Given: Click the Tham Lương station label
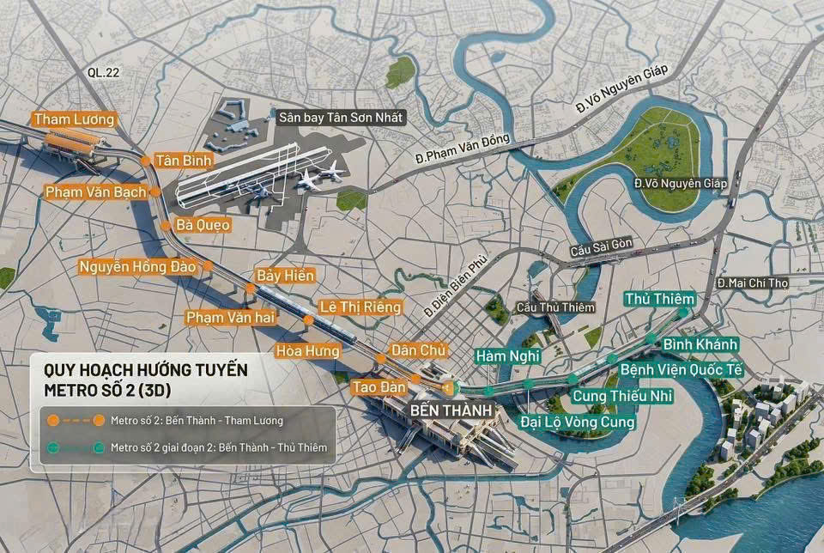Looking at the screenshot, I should point(73,119).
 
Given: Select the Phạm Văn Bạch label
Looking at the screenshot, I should point(95,191).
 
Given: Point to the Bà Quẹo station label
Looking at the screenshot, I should point(203,224).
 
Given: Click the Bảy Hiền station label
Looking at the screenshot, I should point(286,276).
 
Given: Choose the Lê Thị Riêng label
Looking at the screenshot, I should point(360,307).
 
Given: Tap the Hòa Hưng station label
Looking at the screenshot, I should point(307,350).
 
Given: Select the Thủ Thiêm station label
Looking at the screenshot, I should point(658,298).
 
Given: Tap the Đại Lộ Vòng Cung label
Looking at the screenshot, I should point(578,422).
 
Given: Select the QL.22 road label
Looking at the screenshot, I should point(104,73).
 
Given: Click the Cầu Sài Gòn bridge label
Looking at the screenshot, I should point(602,245).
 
